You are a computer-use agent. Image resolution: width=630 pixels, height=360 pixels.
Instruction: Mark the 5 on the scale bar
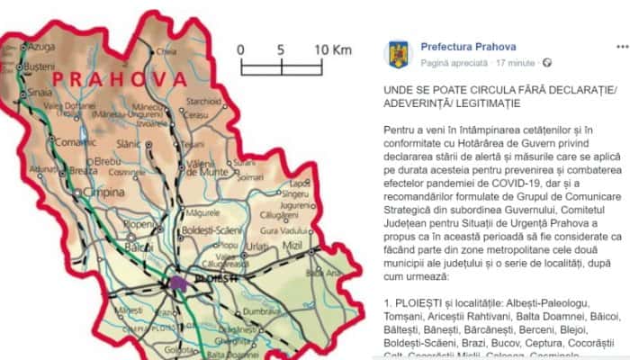coord(282,49)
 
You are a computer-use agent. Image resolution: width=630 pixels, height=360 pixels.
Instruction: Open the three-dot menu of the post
coord(614,44)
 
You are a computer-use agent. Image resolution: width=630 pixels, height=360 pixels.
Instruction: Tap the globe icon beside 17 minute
coord(547,62)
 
